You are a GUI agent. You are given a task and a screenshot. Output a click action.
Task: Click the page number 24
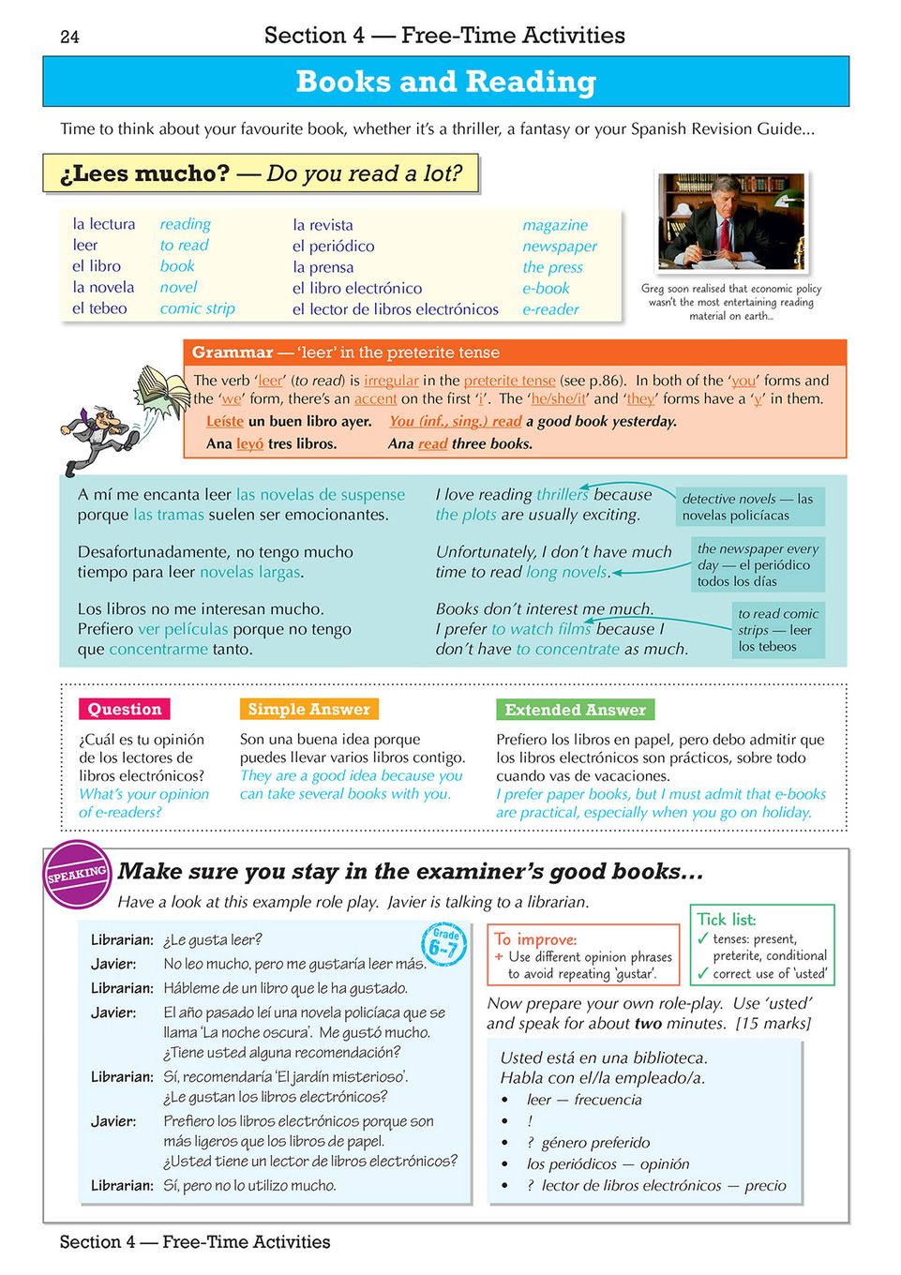point(69,37)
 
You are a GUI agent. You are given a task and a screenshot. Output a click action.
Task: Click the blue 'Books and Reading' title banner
point(445,82)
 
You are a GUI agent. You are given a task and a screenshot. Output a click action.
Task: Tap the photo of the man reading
point(730,222)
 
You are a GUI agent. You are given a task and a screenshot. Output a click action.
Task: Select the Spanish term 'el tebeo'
point(99,308)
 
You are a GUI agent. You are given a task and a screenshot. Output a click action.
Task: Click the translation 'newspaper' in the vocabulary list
point(560,246)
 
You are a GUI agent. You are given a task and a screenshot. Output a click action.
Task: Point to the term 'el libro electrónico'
point(356,288)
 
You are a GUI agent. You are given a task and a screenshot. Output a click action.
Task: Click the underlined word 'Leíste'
point(225,422)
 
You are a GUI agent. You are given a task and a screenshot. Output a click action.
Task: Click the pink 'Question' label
point(125,710)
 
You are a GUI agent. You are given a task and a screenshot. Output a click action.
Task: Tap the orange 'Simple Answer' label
point(308,710)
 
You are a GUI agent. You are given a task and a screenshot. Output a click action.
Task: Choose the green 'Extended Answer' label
point(575,710)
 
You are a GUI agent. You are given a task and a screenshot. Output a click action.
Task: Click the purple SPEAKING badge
point(78,874)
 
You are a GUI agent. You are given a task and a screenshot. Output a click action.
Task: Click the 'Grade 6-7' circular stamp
point(443,943)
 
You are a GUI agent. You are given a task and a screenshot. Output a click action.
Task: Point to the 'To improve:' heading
point(535,939)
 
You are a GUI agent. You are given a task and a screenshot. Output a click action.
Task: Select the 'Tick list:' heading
point(726,920)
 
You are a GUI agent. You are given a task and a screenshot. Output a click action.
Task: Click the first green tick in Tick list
point(702,938)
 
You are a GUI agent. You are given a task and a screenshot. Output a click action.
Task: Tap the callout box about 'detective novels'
point(747,507)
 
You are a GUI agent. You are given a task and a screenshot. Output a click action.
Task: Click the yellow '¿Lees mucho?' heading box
point(261,174)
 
